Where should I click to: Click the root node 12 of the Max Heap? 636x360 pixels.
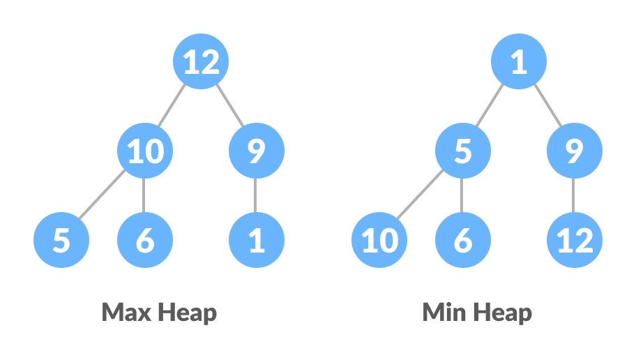[x=201, y=63]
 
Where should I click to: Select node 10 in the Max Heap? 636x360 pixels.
[x=145, y=151]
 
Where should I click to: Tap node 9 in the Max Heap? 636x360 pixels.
[x=257, y=151]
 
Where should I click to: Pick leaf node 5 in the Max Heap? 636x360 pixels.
[x=61, y=241]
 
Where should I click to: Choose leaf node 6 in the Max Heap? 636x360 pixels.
[x=145, y=241]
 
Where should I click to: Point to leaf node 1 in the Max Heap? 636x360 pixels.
[x=257, y=241]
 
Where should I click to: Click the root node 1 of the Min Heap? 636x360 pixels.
[x=519, y=63]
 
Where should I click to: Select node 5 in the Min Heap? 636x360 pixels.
[x=463, y=151]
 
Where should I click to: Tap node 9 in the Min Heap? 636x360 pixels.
[x=575, y=151]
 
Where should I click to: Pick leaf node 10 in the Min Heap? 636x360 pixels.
[x=379, y=241]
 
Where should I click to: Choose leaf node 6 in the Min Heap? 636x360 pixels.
[x=463, y=241]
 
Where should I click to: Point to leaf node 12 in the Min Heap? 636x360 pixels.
[x=575, y=241]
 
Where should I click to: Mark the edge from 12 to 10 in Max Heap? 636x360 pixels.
[x=172, y=107]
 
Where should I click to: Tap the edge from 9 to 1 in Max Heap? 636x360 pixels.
[x=257, y=196]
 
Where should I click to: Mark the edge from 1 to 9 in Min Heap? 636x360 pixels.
[x=547, y=107]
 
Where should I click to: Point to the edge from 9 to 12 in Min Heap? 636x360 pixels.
[x=575, y=196]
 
